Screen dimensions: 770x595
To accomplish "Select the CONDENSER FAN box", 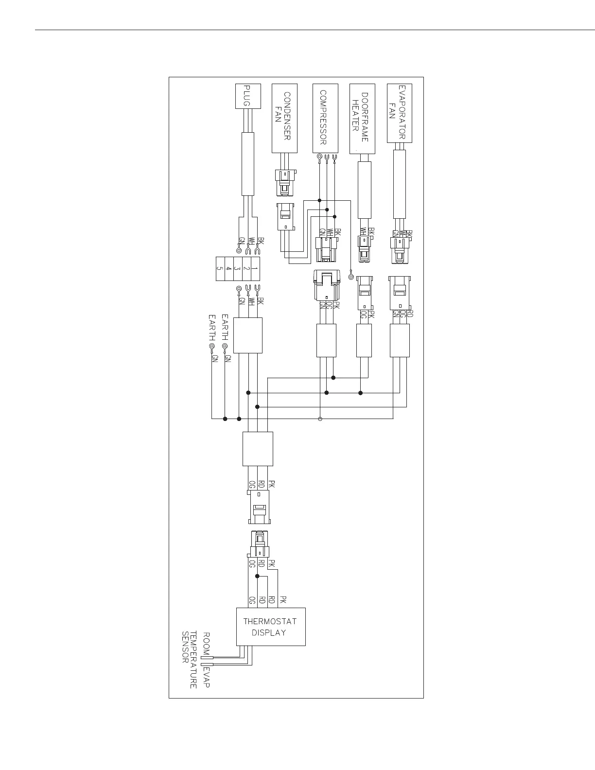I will click(284, 118).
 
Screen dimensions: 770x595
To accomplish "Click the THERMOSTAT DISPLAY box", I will click(271, 627).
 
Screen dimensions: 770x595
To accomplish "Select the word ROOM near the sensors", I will click(206, 644).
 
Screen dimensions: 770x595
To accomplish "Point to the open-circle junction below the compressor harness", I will click(320, 419).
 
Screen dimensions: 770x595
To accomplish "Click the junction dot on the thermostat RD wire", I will click(258, 576).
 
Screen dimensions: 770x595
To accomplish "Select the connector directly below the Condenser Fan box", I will click(284, 182).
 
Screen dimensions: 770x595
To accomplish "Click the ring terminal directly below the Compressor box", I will click(319, 157).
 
